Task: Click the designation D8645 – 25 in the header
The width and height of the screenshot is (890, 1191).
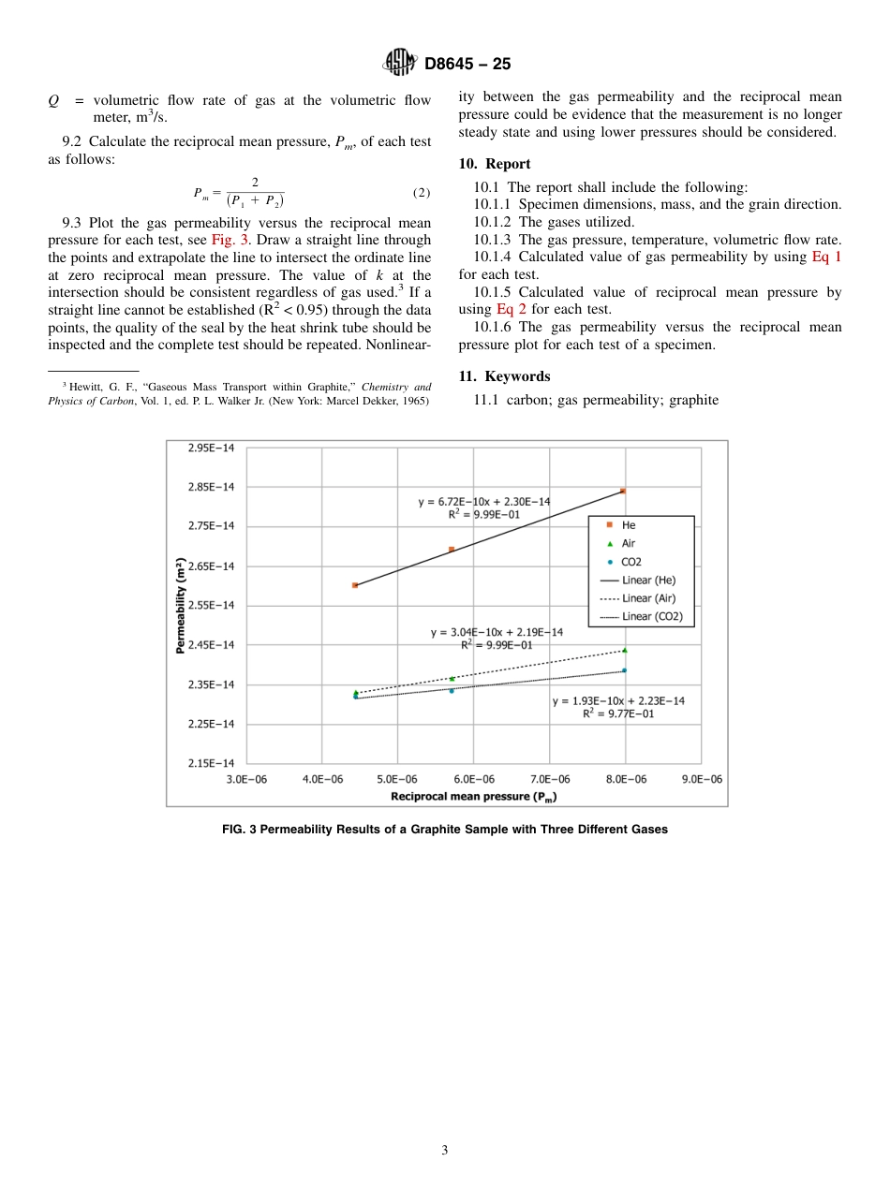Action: pyautogui.click(x=467, y=65)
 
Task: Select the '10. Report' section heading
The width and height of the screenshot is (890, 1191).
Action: pyautogui.click(x=495, y=164)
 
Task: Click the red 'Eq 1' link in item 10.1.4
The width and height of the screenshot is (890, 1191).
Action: pyautogui.click(x=825, y=257)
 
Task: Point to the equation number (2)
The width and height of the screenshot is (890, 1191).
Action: pyautogui.click(x=421, y=194)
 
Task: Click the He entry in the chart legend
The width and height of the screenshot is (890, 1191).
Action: pyautogui.click(x=628, y=526)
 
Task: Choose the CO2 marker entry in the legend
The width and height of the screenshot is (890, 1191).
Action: pyautogui.click(x=630, y=562)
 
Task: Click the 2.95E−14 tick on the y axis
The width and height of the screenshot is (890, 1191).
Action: pyautogui.click(x=212, y=448)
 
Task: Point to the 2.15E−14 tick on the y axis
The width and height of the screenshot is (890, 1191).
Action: pyautogui.click(x=212, y=763)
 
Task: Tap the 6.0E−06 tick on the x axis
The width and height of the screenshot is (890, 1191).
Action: pyautogui.click(x=473, y=779)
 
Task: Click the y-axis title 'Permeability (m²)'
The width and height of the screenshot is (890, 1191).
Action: pyautogui.click(x=180, y=606)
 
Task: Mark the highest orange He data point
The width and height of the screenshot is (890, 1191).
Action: pyautogui.click(x=623, y=491)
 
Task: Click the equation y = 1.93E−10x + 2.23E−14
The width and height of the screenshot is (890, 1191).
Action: pyautogui.click(x=618, y=700)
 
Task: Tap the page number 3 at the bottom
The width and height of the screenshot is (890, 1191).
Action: pyautogui.click(x=445, y=1151)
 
